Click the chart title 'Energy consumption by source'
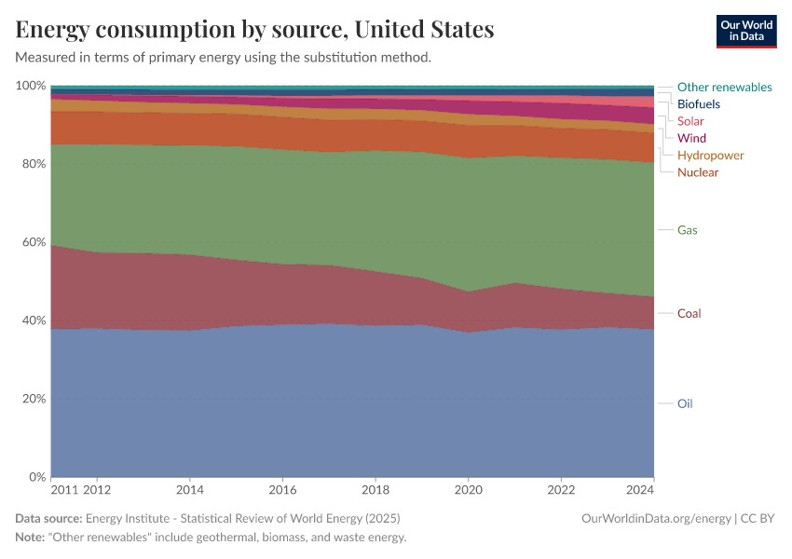coord(254,30)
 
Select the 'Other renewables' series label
coord(724,87)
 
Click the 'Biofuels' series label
coord(698,104)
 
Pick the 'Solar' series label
coord(690,121)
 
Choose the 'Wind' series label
coord(691,138)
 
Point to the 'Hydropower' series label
coord(710,156)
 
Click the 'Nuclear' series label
coord(698,172)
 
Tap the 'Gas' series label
coord(687,230)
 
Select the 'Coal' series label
coord(689,314)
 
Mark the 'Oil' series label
coord(685,404)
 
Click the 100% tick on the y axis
coord(31,86)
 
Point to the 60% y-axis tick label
coord(34,242)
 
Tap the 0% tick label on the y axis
coord(37,477)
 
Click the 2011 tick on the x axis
coord(64,490)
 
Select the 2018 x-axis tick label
coord(375,490)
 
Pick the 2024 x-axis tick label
coord(641,490)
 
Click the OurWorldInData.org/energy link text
coord(655,518)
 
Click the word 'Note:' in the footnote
coord(32,538)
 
